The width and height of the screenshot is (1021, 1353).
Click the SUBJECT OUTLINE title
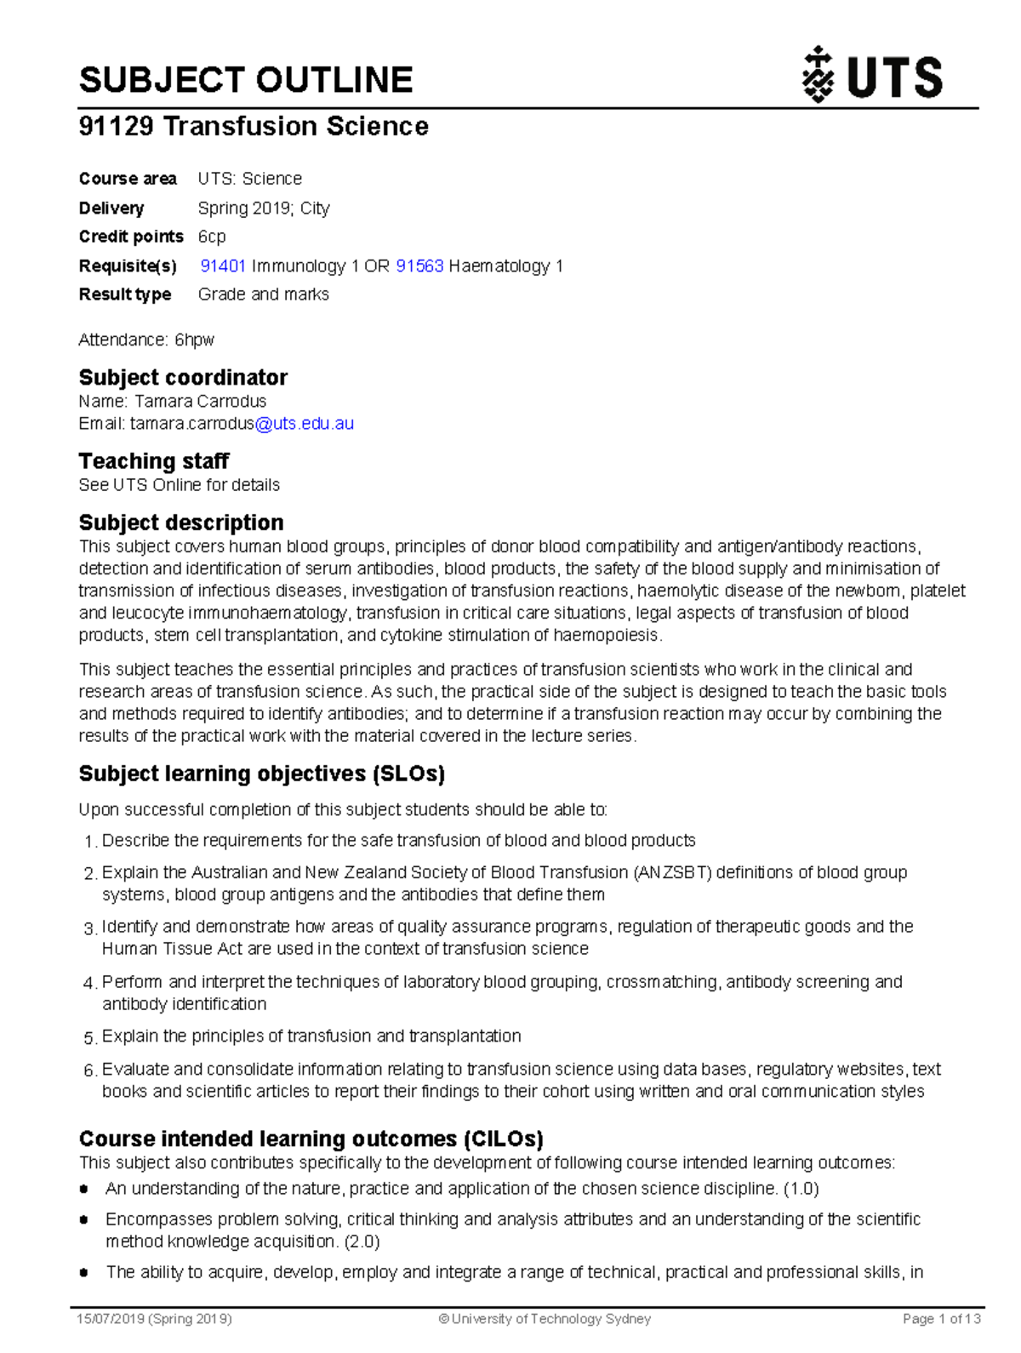246,80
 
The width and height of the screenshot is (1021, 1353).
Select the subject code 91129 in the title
116,126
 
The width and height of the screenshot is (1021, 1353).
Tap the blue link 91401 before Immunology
223,265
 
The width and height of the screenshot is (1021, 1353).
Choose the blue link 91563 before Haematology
419,265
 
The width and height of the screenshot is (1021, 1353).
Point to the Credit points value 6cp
212,237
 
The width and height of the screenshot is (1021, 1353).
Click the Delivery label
111,208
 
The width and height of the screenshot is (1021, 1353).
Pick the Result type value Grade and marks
263,294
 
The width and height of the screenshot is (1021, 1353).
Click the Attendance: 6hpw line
146,340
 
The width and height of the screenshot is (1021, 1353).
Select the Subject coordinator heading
183,377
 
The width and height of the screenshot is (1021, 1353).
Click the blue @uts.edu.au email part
304,423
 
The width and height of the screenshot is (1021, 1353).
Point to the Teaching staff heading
154,460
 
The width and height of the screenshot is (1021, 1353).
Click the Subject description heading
181,522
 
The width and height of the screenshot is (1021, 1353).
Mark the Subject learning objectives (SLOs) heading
262,774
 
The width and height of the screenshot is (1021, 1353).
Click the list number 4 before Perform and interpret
90,984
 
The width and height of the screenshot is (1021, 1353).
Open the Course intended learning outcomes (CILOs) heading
311,1139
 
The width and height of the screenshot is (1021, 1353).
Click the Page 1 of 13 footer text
941,1319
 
